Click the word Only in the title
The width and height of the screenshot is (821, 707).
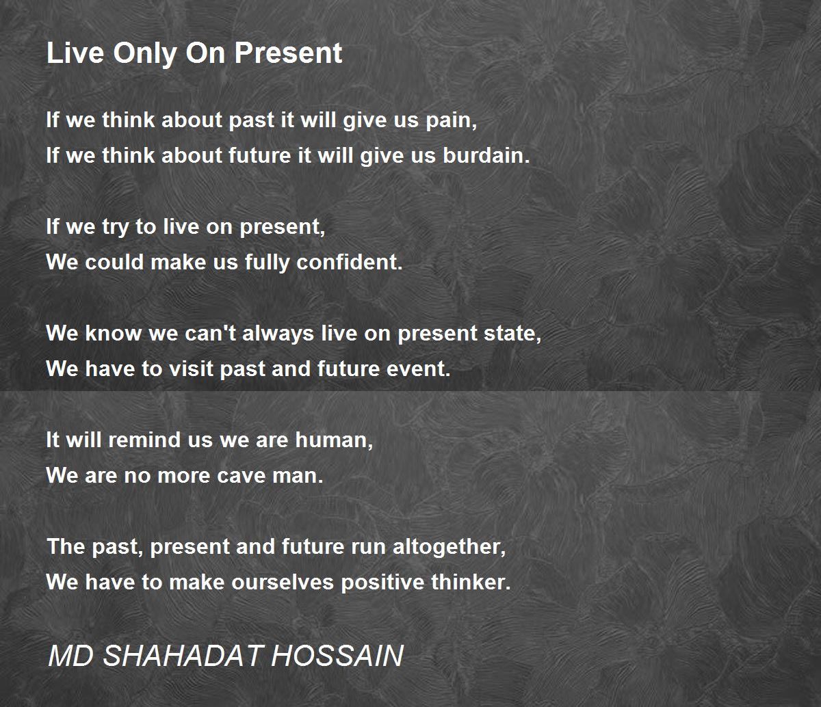145,53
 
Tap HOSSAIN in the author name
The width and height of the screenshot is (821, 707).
337,656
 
